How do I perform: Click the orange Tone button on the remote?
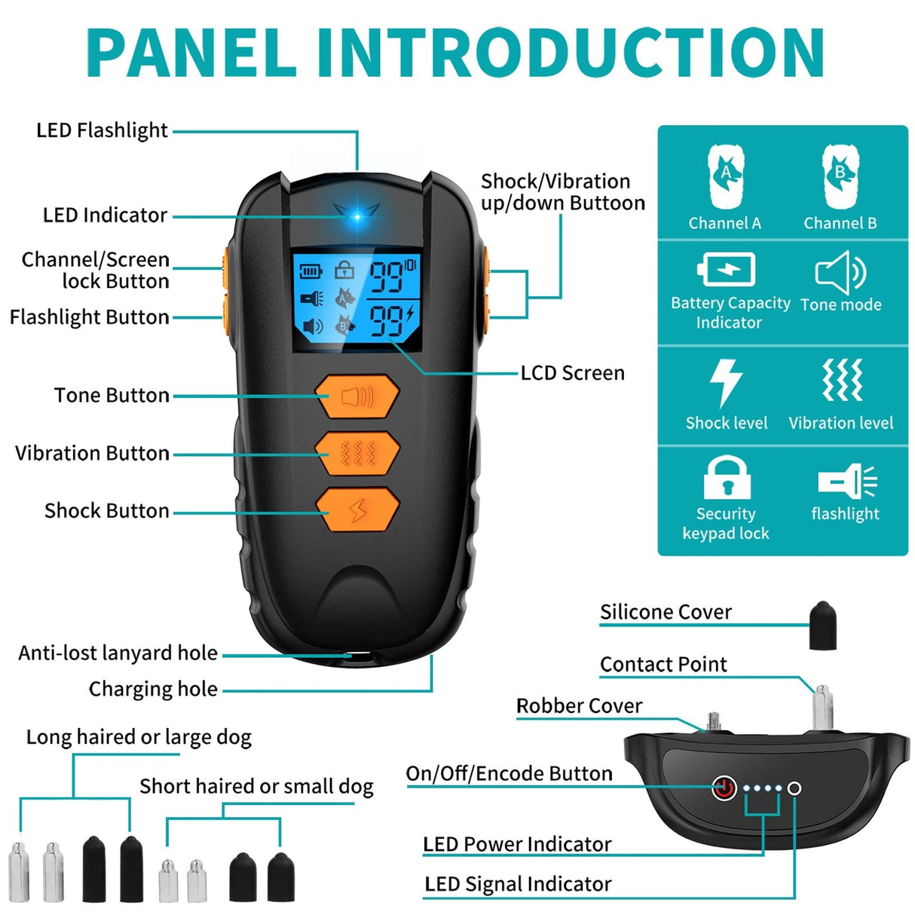(x=357, y=396)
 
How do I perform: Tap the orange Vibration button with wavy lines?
(x=357, y=453)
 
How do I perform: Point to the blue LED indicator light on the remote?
(x=357, y=216)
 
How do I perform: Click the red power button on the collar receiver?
(x=724, y=788)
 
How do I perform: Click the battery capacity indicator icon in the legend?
(x=727, y=269)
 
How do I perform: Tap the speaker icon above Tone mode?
(x=840, y=272)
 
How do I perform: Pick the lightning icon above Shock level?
(x=727, y=382)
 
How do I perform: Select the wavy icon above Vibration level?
(x=841, y=381)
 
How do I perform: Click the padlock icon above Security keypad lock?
(x=727, y=478)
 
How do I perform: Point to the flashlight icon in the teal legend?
(x=847, y=482)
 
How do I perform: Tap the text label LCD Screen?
(x=572, y=373)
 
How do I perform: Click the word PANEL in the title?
(x=192, y=53)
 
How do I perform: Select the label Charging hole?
(x=153, y=689)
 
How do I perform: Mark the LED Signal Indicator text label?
(x=518, y=884)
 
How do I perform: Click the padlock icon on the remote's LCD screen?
(x=344, y=269)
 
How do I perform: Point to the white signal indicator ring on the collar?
(x=794, y=788)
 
